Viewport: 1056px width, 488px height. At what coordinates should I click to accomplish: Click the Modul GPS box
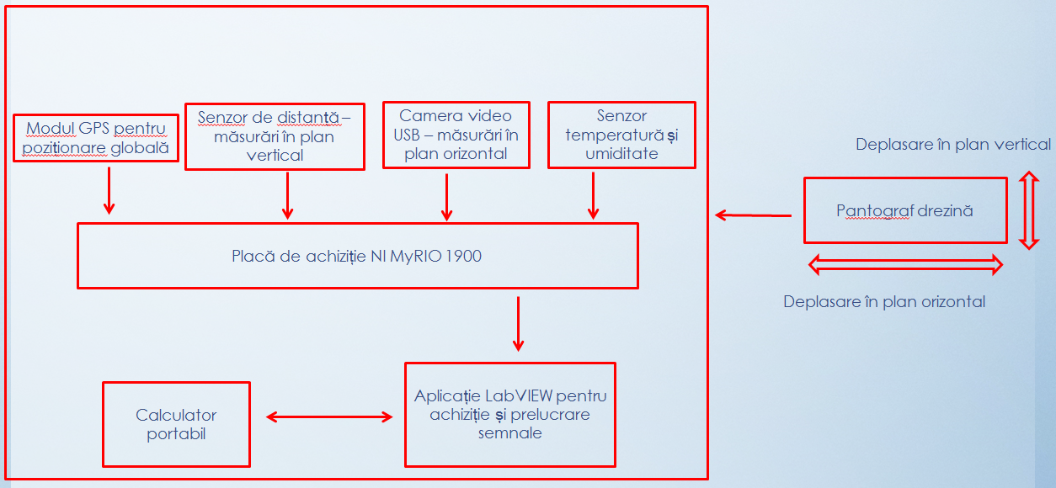97,139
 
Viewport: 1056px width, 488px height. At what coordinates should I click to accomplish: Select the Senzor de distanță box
275,136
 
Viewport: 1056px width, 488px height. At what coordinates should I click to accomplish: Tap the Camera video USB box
456,135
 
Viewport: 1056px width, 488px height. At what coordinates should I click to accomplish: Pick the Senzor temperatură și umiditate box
621,135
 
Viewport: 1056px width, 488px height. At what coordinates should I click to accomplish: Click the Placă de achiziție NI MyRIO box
357,256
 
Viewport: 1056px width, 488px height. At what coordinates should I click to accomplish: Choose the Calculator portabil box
176,424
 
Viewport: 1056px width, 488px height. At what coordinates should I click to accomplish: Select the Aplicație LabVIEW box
509,414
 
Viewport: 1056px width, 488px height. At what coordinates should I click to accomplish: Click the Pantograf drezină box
905,210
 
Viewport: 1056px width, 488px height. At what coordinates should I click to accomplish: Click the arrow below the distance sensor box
288,195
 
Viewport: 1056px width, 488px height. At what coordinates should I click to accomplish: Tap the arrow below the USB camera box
447,196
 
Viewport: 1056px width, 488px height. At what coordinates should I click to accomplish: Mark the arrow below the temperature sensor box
594,196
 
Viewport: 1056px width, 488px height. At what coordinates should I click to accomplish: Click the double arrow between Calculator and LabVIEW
329,416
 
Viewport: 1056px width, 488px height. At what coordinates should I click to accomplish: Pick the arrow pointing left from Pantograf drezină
753,215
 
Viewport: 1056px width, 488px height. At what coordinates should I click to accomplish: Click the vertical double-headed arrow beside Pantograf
1028,210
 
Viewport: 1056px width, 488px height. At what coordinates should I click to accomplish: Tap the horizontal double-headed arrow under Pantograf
905,266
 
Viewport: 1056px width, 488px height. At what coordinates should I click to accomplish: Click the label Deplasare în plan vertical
952,145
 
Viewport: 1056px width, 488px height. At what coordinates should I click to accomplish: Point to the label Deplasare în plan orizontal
884,301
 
